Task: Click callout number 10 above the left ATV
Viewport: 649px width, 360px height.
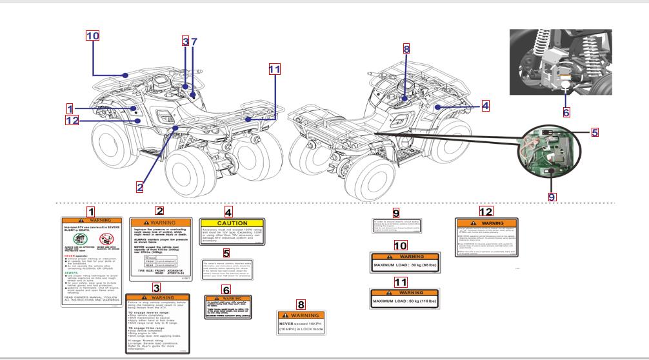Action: coord(93,35)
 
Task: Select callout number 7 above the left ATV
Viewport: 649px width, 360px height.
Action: coord(194,42)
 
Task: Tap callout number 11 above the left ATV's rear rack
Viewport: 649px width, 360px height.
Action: coord(274,69)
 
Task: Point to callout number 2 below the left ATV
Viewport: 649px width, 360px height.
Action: coord(139,186)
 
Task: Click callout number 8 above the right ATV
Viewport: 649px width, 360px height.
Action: coord(406,49)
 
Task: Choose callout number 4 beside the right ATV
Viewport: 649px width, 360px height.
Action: coord(484,105)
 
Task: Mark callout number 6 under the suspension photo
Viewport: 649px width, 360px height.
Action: coord(566,112)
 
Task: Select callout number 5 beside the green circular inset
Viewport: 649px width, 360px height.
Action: coord(594,132)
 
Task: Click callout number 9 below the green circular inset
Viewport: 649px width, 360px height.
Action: coord(552,197)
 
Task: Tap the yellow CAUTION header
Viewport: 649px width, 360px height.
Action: coord(232,223)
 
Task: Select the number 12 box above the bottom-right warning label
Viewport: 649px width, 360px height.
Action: coord(486,211)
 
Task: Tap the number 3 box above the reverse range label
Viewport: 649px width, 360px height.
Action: coord(156,287)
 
